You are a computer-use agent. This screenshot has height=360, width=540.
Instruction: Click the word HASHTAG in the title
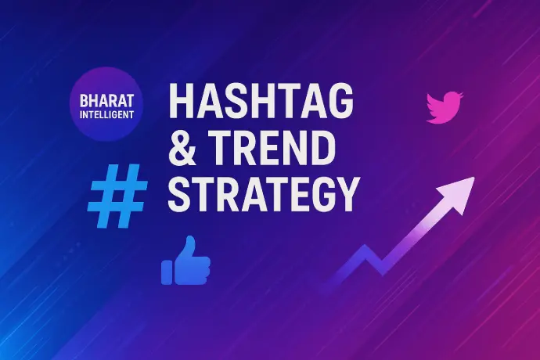click(261, 101)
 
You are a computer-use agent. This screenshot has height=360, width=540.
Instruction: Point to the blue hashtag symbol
click(117, 196)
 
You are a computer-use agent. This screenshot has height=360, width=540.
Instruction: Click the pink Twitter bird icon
click(445, 107)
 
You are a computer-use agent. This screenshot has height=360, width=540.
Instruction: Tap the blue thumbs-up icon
click(185, 261)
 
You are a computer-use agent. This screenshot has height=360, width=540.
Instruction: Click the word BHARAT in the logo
click(106, 101)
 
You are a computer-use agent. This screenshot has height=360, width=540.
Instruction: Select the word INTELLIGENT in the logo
click(106, 115)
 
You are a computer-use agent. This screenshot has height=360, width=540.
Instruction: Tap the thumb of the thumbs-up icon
click(189, 247)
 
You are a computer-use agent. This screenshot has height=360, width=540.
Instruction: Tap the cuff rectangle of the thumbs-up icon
click(167, 272)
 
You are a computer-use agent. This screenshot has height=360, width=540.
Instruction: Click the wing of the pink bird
click(437, 104)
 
